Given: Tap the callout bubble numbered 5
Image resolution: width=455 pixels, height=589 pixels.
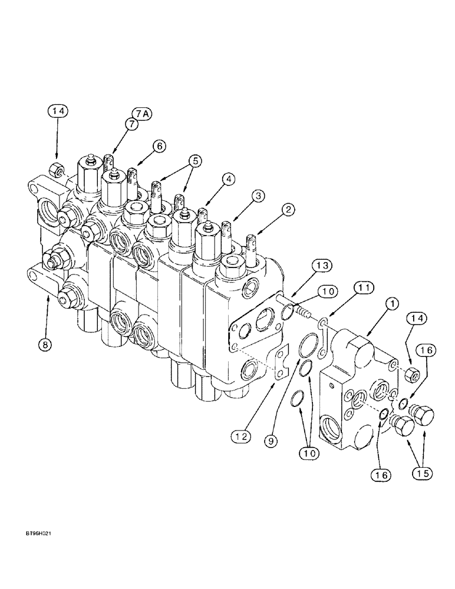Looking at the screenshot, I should (195, 160).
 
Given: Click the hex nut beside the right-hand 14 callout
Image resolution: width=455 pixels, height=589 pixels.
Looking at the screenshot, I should (413, 372).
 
